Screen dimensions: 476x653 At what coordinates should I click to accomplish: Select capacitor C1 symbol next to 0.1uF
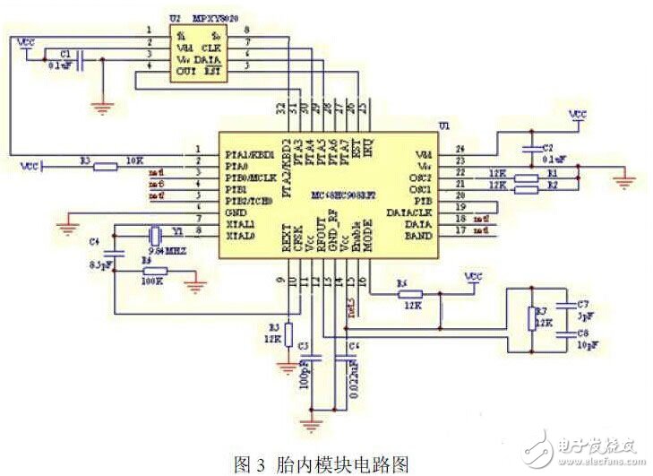coord(82,61)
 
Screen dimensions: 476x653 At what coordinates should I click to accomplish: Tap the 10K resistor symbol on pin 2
coord(106,165)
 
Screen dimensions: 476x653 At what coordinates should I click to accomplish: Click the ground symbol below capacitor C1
coord(106,107)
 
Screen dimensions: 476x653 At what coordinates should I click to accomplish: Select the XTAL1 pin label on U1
coord(240,223)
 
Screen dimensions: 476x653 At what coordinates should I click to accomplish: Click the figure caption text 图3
coord(248,463)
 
